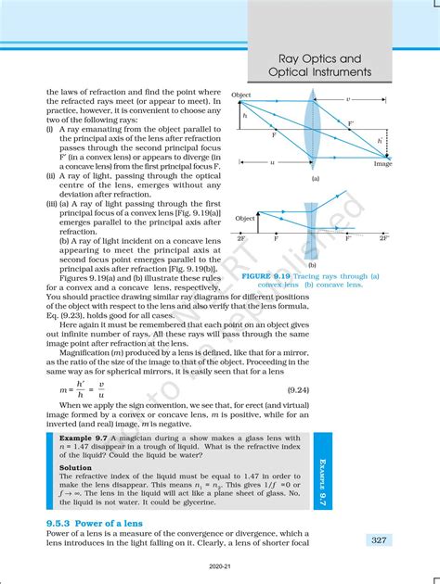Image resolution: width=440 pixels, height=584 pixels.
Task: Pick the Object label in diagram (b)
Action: tap(245, 218)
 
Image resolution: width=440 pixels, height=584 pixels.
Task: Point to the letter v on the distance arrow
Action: tap(347, 98)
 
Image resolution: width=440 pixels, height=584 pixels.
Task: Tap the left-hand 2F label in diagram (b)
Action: tap(241, 239)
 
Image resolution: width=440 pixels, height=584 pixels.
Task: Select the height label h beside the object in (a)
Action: tap(244, 116)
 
